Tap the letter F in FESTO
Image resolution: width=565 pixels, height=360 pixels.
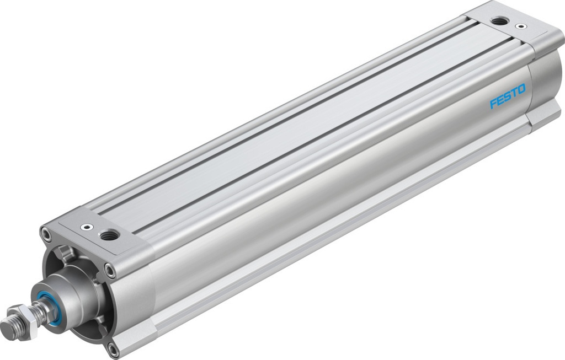493,104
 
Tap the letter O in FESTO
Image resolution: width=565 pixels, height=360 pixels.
521,88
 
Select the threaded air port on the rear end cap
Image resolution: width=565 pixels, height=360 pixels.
499,21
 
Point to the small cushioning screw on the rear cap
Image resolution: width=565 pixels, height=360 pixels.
519,25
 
